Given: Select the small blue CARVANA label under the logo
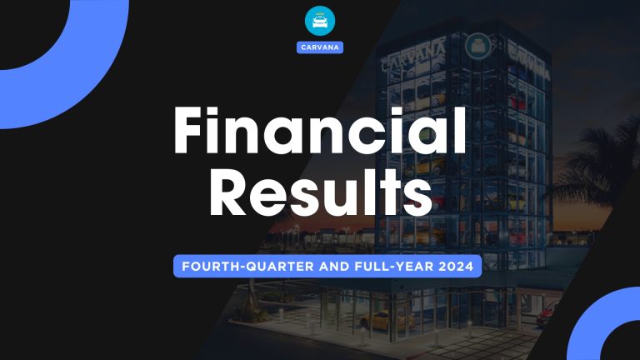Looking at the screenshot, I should tap(320, 47).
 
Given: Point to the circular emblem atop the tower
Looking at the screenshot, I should tap(477, 42).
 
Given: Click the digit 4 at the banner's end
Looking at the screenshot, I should tap(468, 267).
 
